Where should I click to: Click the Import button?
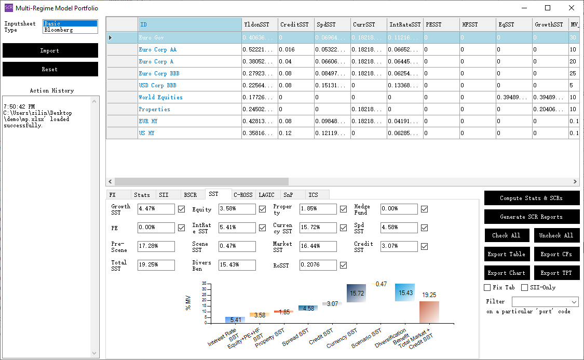[x=50, y=50]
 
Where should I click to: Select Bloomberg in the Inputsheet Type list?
[x=70, y=30]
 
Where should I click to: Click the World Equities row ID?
[x=160, y=97]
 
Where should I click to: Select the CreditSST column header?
[x=294, y=24]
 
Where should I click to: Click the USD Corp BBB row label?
[x=157, y=85]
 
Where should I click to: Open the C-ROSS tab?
[x=243, y=195]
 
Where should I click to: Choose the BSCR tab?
[x=191, y=195]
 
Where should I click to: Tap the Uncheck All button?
[x=556, y=235]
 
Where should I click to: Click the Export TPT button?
[x=556, y=273]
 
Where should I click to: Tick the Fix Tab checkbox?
[x=487, y=287]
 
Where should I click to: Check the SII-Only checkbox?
[x=524, y=287]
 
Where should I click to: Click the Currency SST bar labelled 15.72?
[x=357, y=294]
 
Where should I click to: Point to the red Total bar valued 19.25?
[x=429, y=312]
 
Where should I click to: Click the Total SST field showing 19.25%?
[x=156, y=265]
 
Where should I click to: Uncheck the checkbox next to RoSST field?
[x=343, y=265]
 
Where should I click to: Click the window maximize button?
[x=548, y=8]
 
